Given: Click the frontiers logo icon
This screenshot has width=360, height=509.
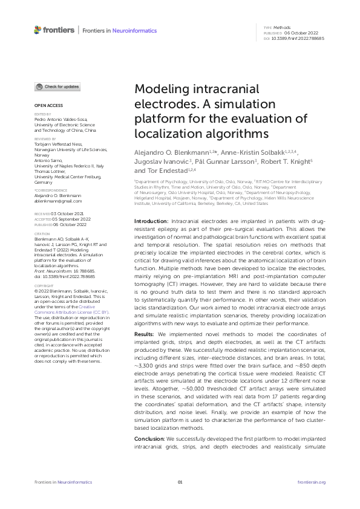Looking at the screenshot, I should click(38, 30).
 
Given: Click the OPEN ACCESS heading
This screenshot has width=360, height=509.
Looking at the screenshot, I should click(45, 105).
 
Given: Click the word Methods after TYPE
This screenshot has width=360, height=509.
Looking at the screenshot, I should click(282, 28).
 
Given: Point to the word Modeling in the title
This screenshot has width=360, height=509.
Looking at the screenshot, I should click(159, 89).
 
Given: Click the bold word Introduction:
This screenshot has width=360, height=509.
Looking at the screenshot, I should click(151, 206).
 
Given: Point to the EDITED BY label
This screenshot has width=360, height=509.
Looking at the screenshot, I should click(42, 114).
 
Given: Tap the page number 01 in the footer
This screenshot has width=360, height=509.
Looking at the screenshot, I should click(180, 482).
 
